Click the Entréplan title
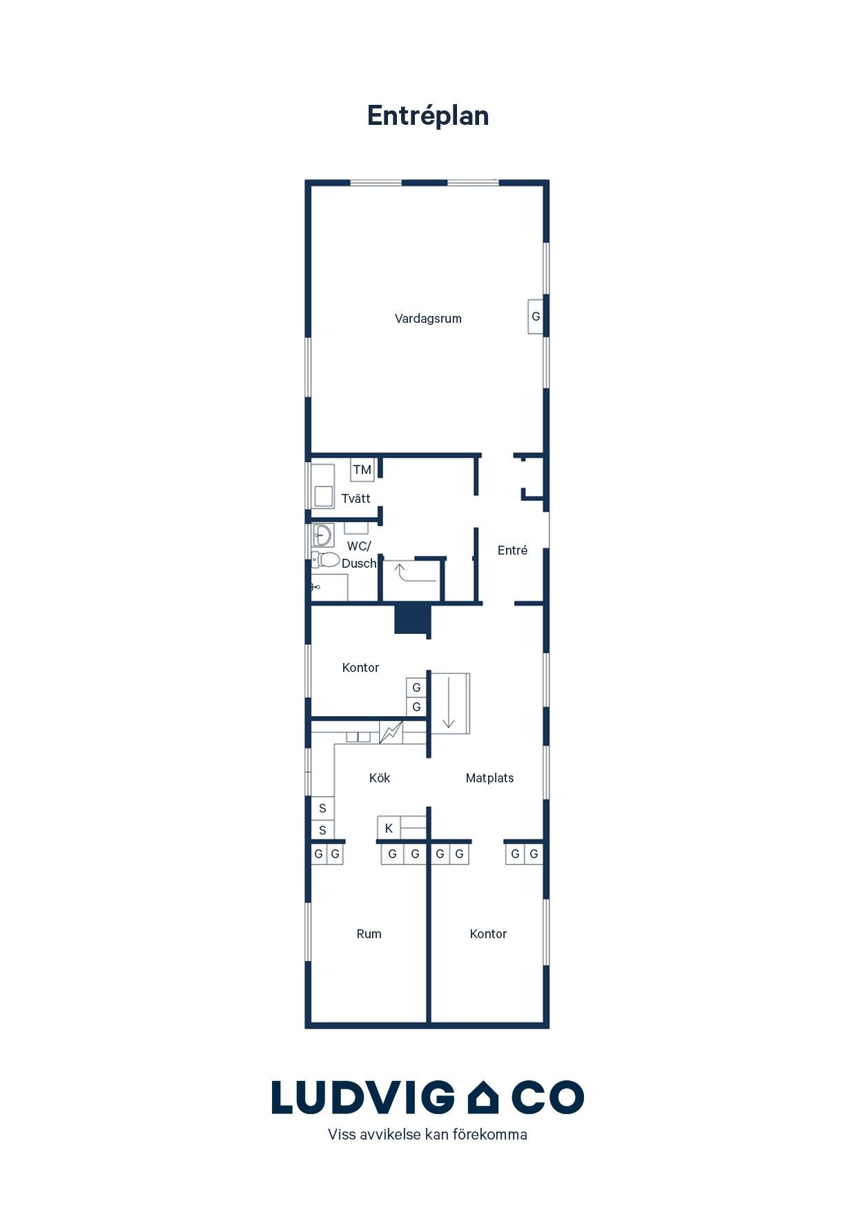click(428, 116)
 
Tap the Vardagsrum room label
click(428, 319)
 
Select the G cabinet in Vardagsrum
click(536, 317)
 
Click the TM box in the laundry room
click(362, 470)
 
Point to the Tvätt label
click(356, 498)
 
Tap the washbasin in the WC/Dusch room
click(322, 535)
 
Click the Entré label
click(512, 550)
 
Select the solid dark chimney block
click(413, 619)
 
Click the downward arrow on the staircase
click(449, 702)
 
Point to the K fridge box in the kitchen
click(389, 828)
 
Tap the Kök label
click(380, 778)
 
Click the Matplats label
click(489, 778)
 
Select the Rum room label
click(369, 934)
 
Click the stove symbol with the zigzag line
click(391, 732)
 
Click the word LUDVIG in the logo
click(363, 1098)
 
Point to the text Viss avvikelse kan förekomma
click(427, 1135)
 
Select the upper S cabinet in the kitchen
click(322, 809)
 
